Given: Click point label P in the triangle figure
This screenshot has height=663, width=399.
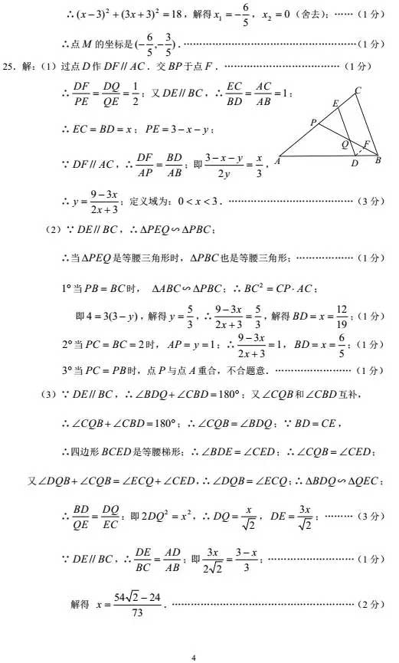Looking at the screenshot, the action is (313, 122).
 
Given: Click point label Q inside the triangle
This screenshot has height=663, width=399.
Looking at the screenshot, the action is (345, 144).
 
